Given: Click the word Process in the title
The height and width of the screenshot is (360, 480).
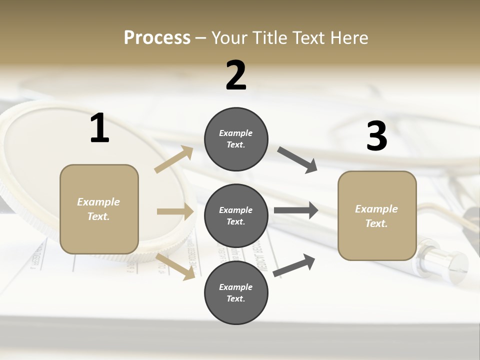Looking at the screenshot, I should click(157, 38).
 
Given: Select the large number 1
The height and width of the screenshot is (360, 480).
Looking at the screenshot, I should click(99, 128).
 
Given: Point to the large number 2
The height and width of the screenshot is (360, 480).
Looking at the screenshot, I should click(236, 75).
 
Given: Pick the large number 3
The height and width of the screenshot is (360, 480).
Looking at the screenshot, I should click(376, 136).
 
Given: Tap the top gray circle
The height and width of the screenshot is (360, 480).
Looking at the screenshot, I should click(236, 139).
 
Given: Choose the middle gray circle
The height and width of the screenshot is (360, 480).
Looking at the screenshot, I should click(236, 216).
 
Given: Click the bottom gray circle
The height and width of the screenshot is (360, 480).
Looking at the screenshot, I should click(236, 293).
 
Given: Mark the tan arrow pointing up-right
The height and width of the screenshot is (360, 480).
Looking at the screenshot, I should click(174, 159).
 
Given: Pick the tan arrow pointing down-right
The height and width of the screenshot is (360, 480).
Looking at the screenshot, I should click(175, 266).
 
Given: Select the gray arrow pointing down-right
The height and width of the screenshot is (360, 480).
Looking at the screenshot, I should click(297, 159).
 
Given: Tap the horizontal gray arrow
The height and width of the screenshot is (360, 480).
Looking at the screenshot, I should click(295, 210).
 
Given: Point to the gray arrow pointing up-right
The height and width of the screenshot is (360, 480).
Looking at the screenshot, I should click(294, 265).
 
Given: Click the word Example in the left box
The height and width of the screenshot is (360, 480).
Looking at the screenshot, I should click(98, 202).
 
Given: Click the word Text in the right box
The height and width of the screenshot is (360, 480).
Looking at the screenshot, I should click(376, 223).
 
